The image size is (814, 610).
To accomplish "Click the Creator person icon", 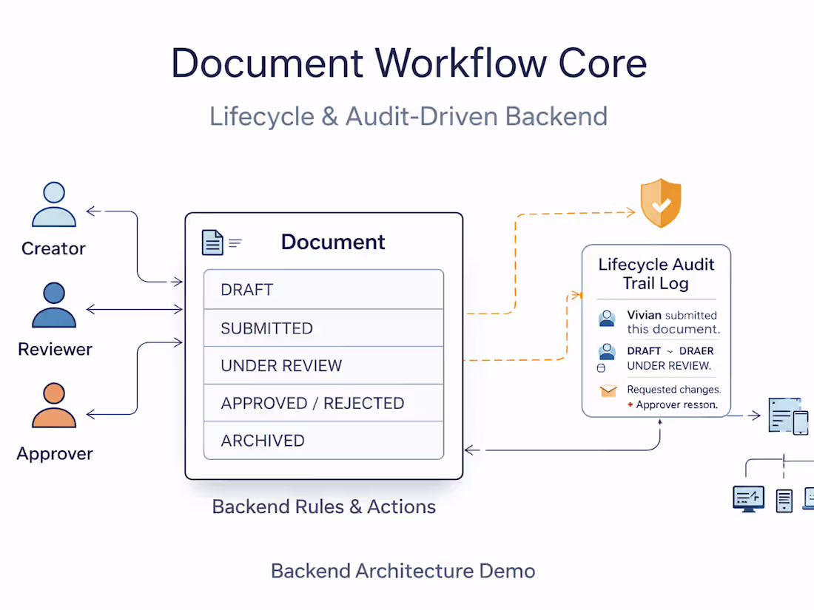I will pyautogui.click(x=54, y=205).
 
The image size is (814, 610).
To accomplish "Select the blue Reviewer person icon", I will pyautogui.click(x=54, y=305).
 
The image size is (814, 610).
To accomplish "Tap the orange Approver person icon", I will pyautogui.click(x=54, y=406).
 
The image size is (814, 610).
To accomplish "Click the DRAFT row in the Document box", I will pyautogui.click(x=323, y=290).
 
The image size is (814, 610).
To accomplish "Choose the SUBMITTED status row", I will pyautogui.click(x=323, y=328).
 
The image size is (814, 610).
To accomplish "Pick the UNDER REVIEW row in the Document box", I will pyautogui.click(x=323, y=366).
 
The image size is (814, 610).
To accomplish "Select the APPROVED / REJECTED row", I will pyautogui.click(x=323, y=404).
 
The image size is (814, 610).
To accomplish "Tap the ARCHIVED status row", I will pyautogui.click(x=323, y=441).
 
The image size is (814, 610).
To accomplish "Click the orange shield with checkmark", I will pyautogui.click(x=661, y=203).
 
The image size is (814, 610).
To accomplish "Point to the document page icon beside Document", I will pyautogui.click(x=212, y=243).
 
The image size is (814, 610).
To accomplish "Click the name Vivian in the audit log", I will pyautogui.click(x=644, y=315).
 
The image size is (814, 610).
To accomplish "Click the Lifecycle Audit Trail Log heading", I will pyautogui.click(x=656, y=274).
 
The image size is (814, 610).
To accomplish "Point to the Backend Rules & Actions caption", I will pyautogui.click(x=323, y=507).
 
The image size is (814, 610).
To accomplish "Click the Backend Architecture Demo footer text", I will pyautogui.click(x=403, y=571).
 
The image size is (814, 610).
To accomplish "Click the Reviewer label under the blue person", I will pyautogui.click(x=55, y=349).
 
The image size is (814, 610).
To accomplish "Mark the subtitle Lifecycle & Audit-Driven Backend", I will pyautogui.click(x=408, y=117).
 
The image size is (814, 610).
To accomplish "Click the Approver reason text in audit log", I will pyautogui.click(x=676, y=405).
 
